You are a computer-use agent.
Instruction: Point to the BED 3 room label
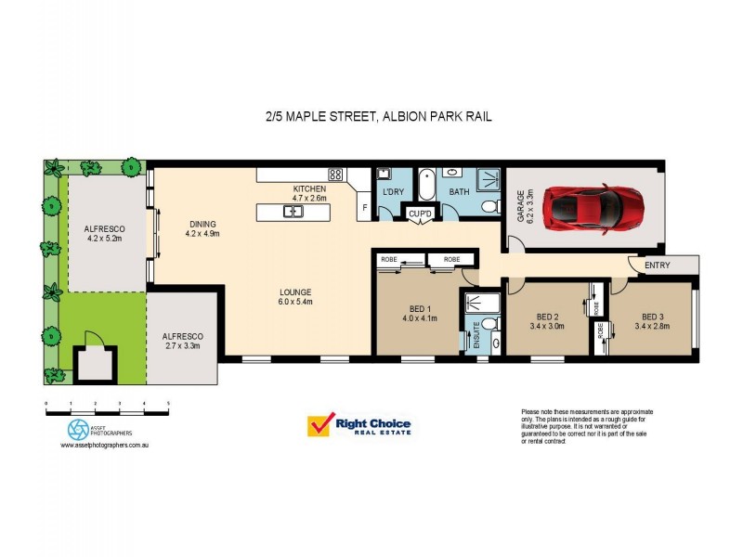(x=653, y=320)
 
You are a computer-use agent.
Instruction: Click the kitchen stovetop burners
(x=335, y=174)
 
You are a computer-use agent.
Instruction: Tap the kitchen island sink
(x=293, y=213)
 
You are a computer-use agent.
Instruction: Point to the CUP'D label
(x=421, y=215)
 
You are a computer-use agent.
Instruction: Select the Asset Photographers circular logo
(x=78, y=430)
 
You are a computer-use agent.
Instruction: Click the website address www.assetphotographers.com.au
(x=105, y=446)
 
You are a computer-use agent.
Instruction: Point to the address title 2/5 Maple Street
(x=374, y=116)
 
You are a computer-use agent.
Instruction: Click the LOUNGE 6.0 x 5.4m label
(x=295, y=296)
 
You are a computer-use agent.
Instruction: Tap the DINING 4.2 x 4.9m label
(x=202, y=228)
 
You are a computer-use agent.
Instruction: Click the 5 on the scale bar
(x=168, y=404)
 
